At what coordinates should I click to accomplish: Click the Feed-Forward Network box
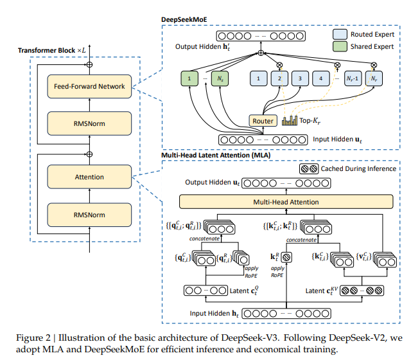point(89,87)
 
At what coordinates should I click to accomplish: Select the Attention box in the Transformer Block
point(89,177)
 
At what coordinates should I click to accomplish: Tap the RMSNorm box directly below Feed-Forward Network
point(89,123)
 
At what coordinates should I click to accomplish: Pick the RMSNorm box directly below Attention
point(89,215)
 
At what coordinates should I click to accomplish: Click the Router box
point(263,121)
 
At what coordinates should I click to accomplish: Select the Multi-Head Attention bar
point(286,202)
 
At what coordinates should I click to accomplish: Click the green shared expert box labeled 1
point(189,78)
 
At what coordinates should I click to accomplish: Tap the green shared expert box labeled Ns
point(220,78)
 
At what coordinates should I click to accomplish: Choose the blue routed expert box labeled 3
point(300,78)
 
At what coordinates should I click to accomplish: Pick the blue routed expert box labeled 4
point(321,78)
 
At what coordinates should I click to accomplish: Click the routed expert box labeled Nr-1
point(353,78)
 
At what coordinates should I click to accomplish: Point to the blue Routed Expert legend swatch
point(340,34)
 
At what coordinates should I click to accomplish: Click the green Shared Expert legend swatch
point(340,46)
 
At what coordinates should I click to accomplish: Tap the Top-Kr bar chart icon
point(290,120)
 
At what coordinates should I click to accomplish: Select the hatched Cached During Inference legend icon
point(309,168)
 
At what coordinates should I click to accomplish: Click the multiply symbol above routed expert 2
point(279,65)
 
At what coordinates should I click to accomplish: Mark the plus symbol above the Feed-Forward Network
point(89,64)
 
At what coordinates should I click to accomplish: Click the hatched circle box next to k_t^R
point(286,257)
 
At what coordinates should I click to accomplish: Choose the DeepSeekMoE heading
point(184,20)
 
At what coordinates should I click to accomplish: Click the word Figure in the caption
point(30,338)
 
